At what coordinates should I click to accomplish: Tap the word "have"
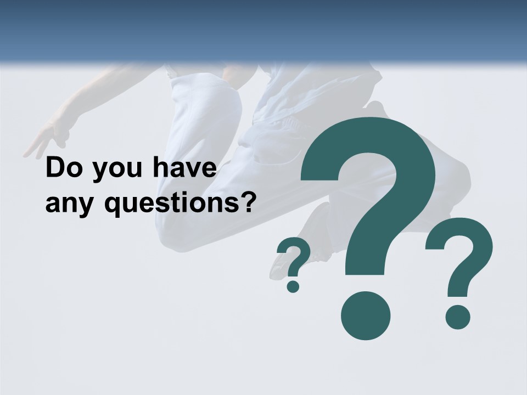[x=181, y=168]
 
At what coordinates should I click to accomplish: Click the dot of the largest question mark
[x=365, y=315]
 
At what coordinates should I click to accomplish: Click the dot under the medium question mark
[x=457, y=317]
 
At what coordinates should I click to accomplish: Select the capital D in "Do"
[x=55, y=168]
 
